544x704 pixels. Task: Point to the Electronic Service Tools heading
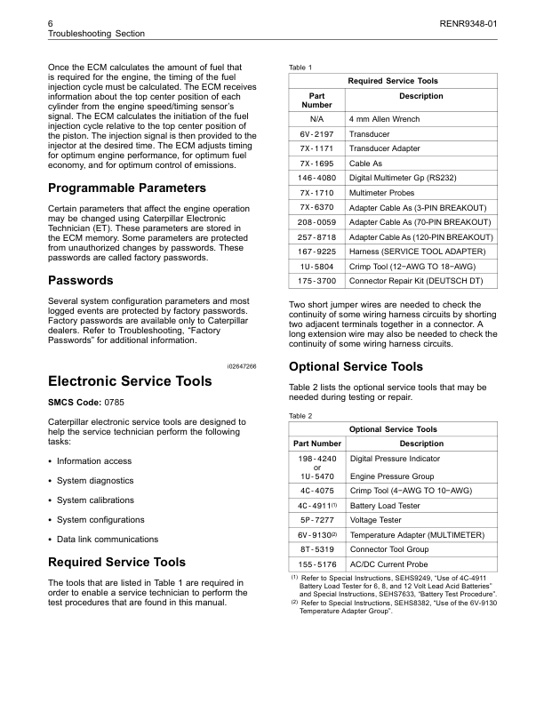(x=129, y=381)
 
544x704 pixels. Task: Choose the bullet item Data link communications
(x=108, y=539)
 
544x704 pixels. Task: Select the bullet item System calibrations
(x=95, y=500)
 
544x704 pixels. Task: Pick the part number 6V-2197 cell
(x=317, y=134)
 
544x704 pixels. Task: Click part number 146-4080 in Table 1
(x=317, y=179)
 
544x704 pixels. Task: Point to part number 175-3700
(x=317, y=281)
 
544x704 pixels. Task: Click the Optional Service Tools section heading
(x=356, y=366)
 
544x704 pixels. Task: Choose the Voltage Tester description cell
(x=376, y=520)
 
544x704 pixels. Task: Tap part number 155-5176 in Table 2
(x=317, y=564)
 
